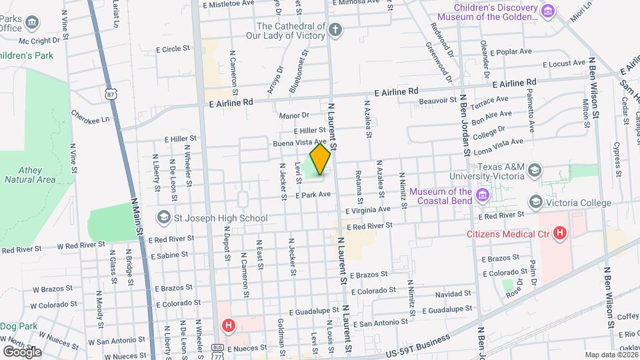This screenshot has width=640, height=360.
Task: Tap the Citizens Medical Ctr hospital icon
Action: (560, 234)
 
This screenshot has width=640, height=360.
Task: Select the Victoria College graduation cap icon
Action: (535, 203)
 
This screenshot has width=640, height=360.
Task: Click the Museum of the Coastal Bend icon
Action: (483, 195)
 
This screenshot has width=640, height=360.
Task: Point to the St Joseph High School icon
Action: (163, 217)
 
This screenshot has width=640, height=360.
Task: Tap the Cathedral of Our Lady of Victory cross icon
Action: (335, 30)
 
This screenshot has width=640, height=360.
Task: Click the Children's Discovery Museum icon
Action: (548, 11)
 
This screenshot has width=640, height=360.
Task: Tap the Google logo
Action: (21, 351)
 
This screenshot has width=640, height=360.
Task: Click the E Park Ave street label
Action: (313, 195)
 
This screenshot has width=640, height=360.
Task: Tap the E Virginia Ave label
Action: (365, 209)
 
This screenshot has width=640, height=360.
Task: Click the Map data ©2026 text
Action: (610, 355)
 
